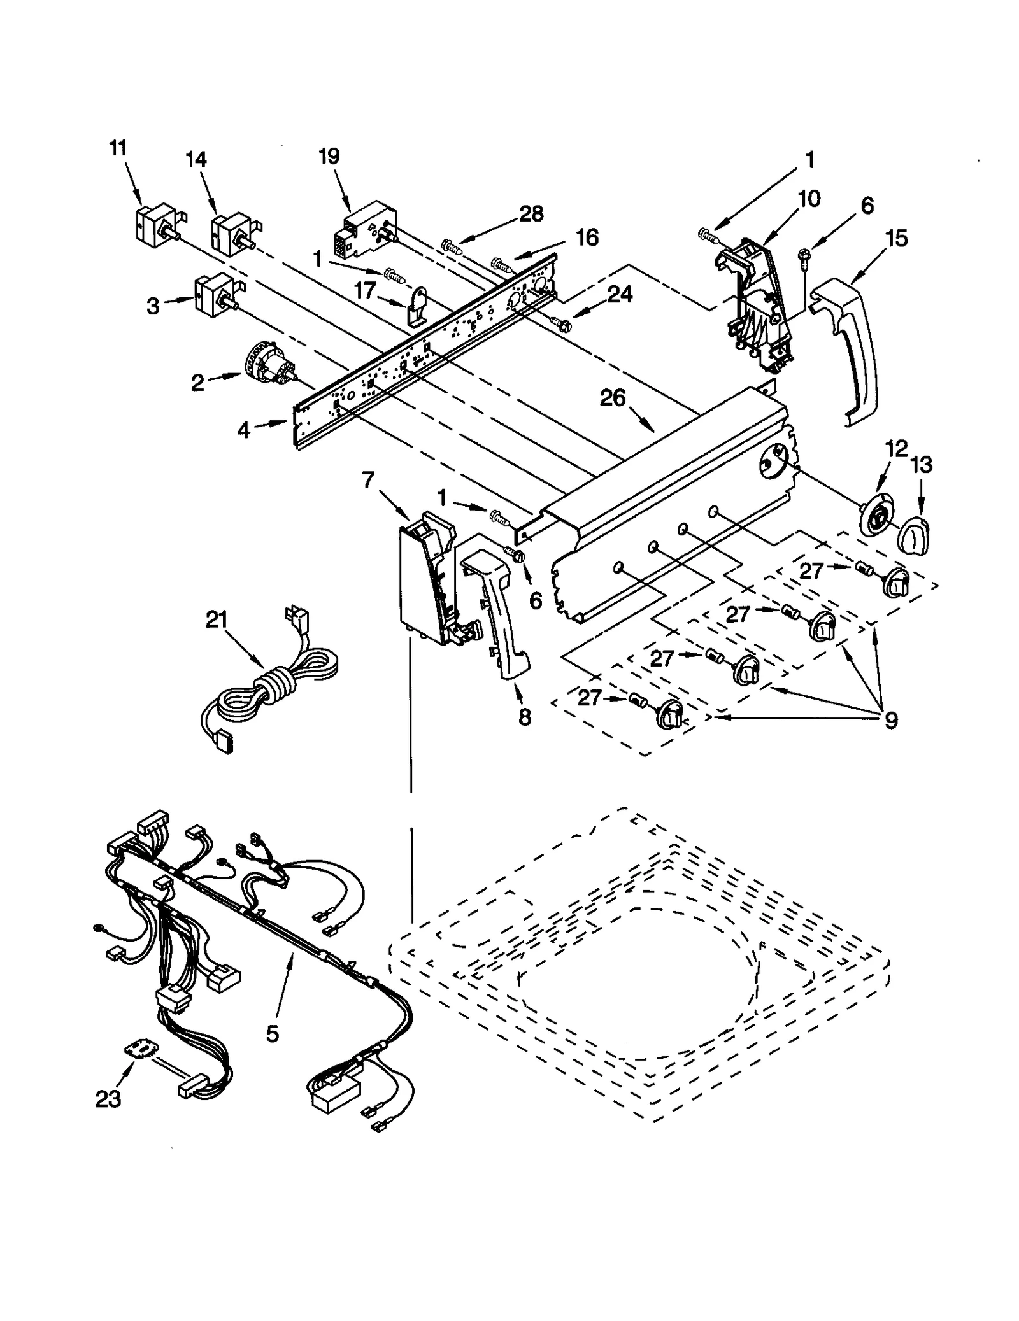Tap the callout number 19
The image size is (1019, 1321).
(x=329, y=157)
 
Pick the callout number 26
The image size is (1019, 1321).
(x=613, y=398)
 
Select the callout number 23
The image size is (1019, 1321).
(x=108, y=1099)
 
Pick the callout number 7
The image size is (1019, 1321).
(x=369, y=481)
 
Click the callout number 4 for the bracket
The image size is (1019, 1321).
(x=243, y=430)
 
